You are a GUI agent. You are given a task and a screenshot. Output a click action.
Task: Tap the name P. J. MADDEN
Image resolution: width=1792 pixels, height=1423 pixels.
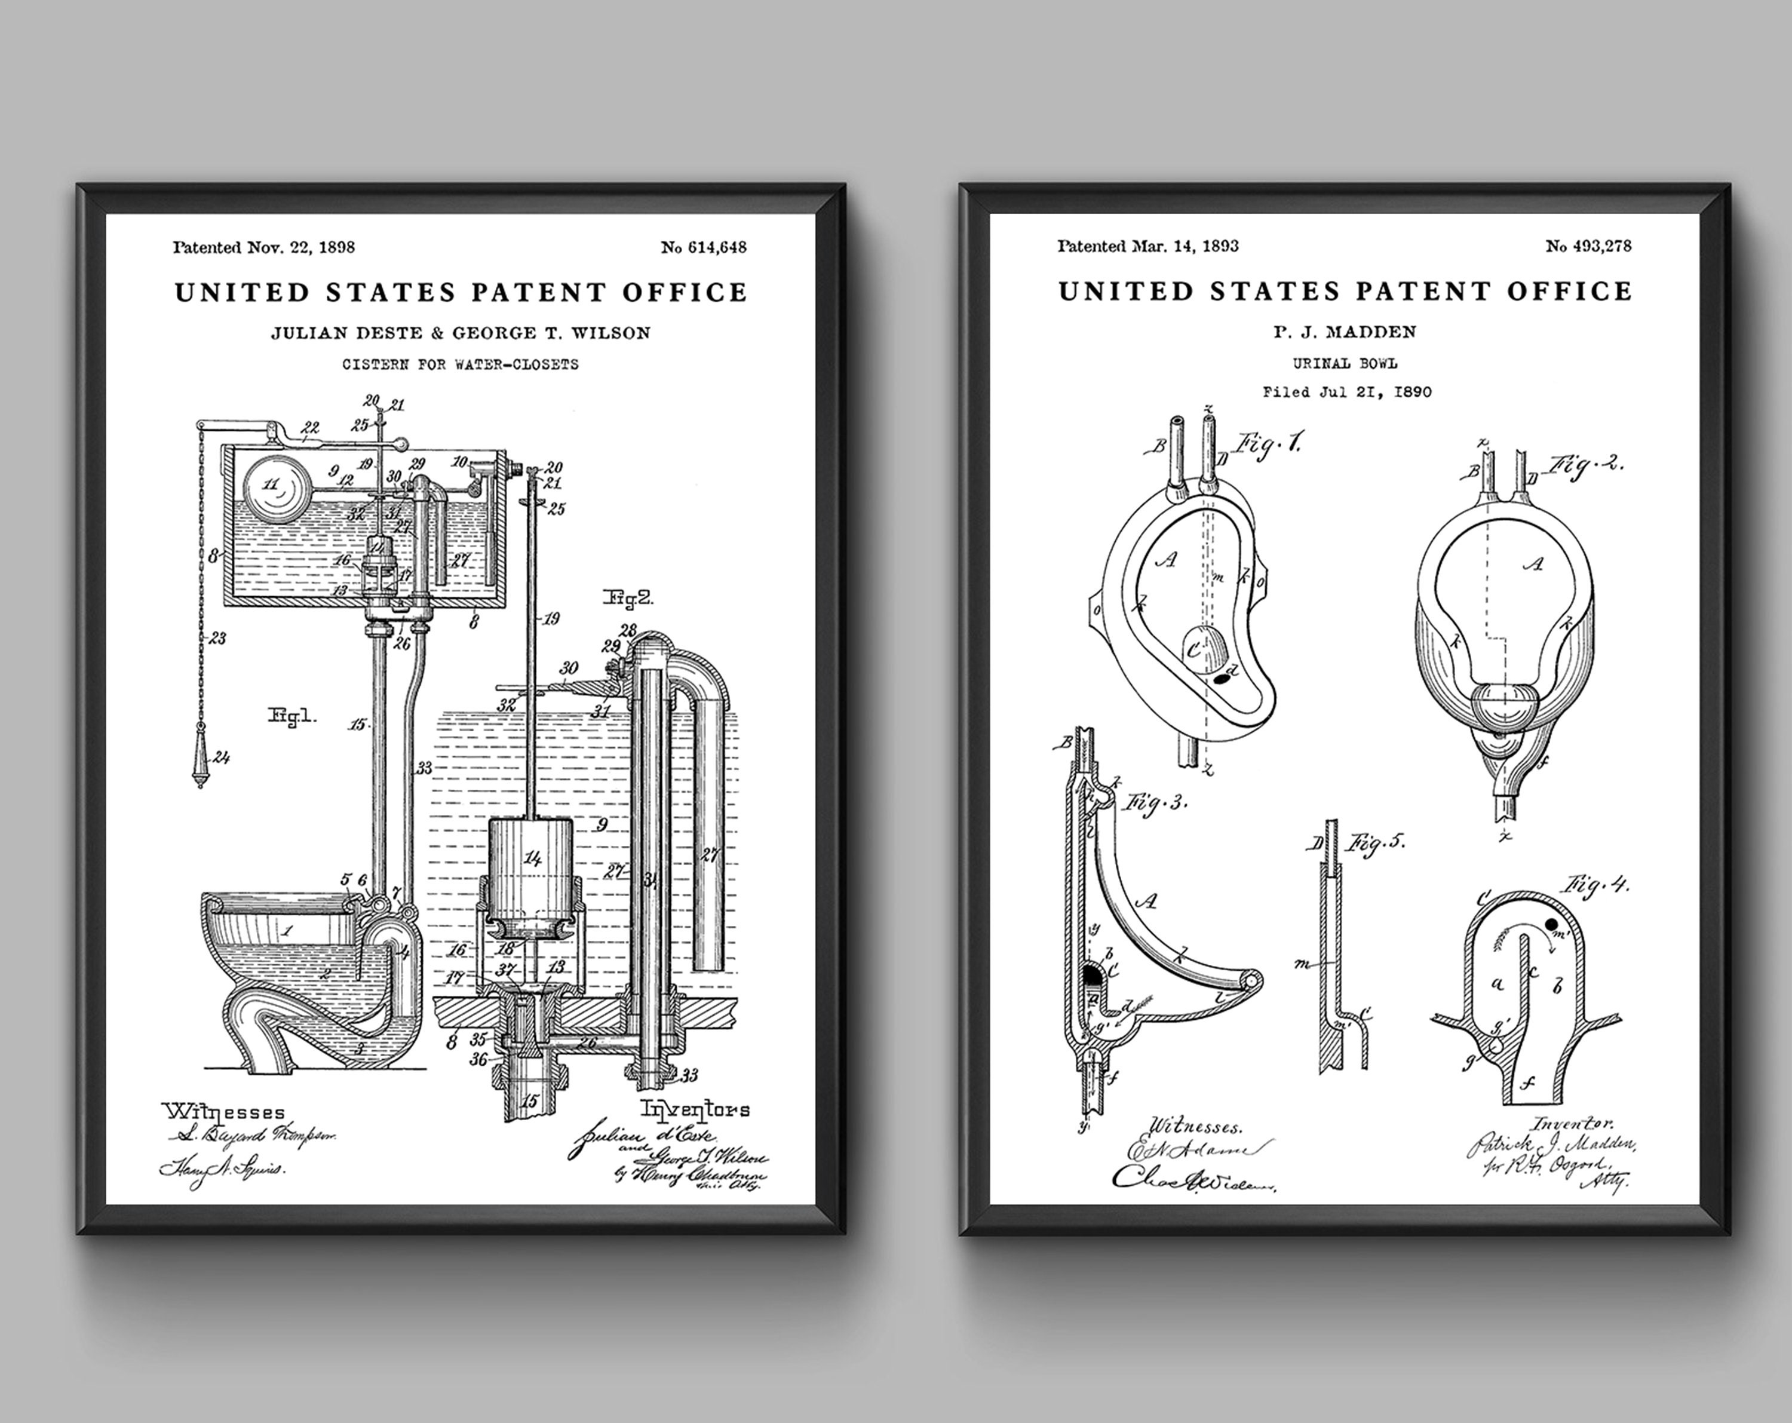click(x=1345, y=332)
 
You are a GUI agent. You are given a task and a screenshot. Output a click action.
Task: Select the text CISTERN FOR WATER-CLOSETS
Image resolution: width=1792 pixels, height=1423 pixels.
click(x=461, y=364)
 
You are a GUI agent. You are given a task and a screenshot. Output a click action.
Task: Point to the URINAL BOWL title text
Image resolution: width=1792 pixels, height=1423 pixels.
click(x=1345, y=363)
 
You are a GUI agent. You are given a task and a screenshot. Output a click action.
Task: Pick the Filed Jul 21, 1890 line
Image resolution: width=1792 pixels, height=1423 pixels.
click(x=1346, y=392)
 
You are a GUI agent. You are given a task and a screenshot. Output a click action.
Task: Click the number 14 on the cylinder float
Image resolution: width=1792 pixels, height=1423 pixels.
click(x=532, y=858)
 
